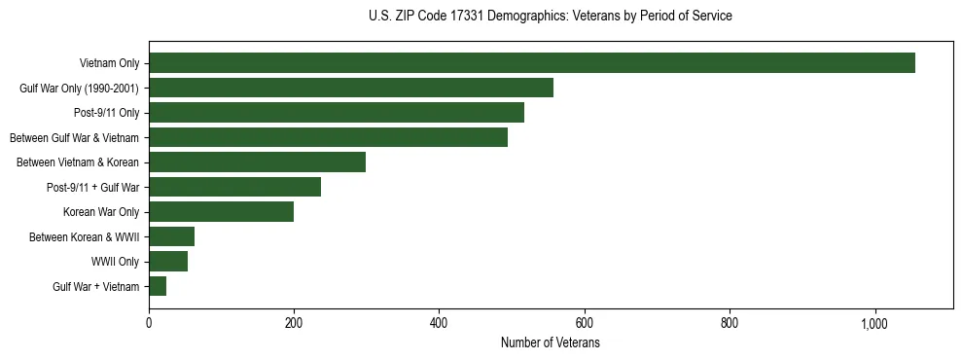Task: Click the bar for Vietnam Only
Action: (531, 63)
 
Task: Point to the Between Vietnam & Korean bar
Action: (257, 162)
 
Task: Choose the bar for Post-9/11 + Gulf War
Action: (234, 187)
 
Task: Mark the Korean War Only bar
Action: (221, 212)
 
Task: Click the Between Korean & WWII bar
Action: (171, 236)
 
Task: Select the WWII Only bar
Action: (168, 262)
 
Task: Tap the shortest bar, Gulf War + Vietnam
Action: (158, 286)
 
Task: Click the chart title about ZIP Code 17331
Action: (551, 17)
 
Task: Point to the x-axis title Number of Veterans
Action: (551, 343)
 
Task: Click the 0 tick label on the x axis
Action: (149, 323)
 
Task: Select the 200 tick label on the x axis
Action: (294, 323)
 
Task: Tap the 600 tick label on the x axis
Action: (584, 323)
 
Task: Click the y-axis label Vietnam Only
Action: (109, 64)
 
